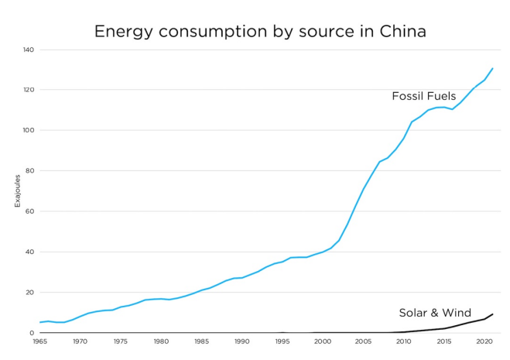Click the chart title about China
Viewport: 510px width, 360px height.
260,32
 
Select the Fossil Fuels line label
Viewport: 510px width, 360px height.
423,96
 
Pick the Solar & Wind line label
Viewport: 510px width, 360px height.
435,313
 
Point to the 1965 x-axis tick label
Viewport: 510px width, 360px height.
39,341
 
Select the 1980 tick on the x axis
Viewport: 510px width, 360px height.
161,341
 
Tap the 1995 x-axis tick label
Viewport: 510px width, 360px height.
282,341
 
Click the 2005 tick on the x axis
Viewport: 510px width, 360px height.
364,341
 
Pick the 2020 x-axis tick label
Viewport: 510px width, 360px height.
484,341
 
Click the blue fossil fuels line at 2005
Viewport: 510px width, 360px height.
364,188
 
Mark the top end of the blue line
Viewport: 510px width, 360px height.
492,68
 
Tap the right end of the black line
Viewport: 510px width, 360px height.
492,314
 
